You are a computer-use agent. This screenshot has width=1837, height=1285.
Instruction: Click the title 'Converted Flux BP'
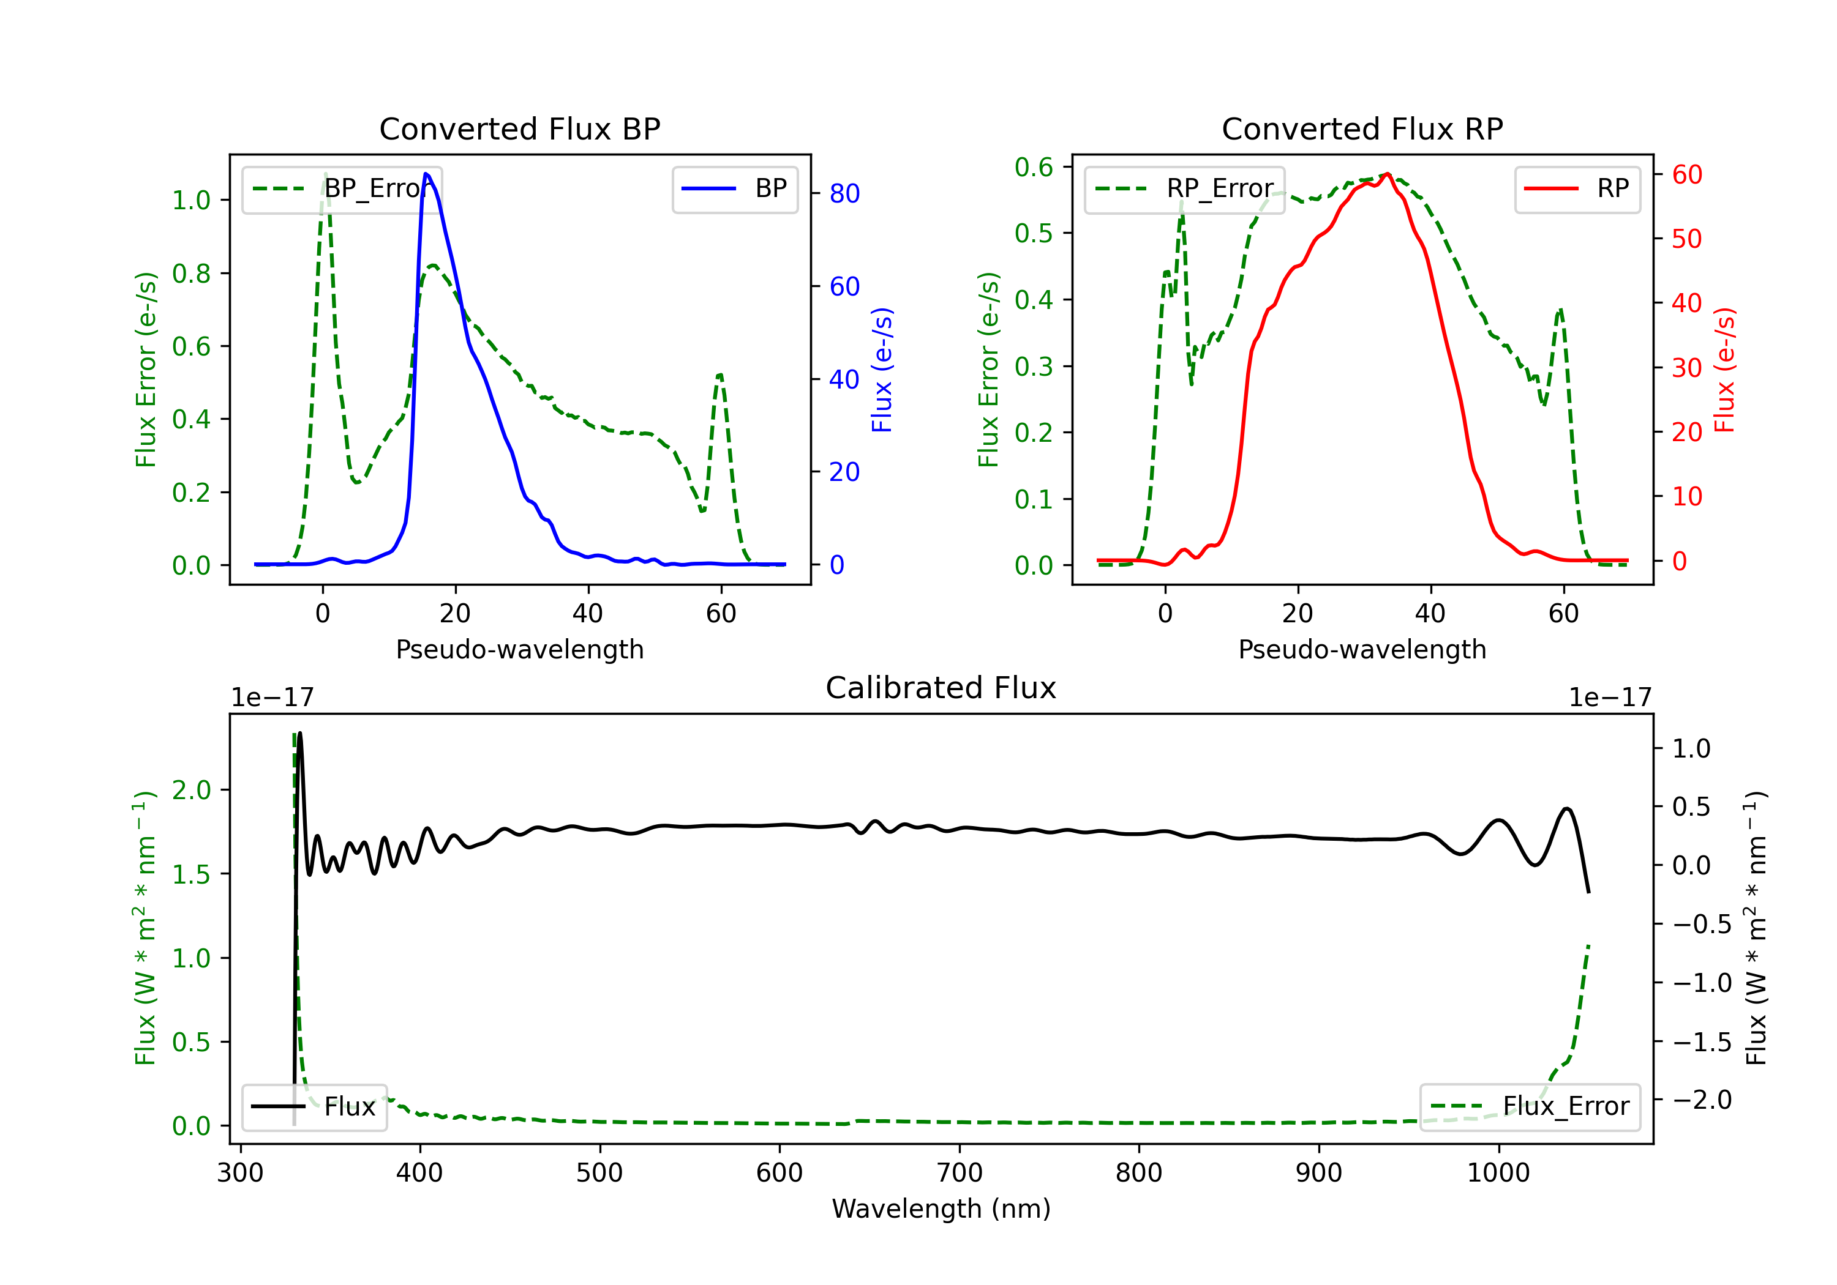point(519,128)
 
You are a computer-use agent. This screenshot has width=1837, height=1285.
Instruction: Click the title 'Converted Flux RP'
point(1362,128)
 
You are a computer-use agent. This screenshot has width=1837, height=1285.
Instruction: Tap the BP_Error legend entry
point(342,188)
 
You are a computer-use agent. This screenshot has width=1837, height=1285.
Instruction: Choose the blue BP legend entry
point(734,188)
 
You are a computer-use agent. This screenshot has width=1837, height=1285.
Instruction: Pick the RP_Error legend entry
point(1185,188)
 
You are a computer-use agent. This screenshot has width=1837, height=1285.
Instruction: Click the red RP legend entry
point(1577,188)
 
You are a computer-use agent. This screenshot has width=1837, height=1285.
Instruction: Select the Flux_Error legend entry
point(1530,1107)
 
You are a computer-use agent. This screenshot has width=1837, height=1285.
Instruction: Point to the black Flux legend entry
point(315,1107)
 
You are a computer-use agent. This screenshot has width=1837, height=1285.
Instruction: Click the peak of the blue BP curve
point(426,174)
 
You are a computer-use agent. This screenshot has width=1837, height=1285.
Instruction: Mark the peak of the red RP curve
point(1388,174)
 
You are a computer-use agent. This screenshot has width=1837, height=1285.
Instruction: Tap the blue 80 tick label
point(844,193)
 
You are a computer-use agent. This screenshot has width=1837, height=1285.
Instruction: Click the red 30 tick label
point(1686,368)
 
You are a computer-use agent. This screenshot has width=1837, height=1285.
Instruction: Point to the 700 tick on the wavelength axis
point(960,1173)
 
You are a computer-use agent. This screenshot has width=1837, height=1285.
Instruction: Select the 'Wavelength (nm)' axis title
point(941,1209)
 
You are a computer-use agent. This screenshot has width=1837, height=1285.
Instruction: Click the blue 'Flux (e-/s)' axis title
point(882,370)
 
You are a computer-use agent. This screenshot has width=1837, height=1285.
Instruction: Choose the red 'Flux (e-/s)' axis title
point(1724,370)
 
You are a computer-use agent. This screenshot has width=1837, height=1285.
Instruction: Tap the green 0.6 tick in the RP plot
point(1034,167)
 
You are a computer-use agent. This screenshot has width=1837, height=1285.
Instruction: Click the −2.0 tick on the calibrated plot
point(1702,1100)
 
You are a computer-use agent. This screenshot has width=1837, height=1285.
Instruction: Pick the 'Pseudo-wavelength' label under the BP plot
point(519,649)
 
